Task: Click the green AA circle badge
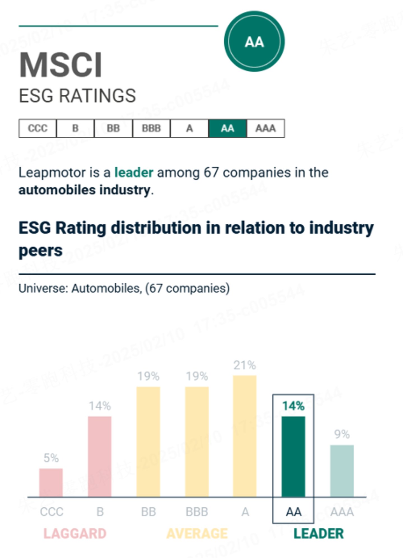[x=254, y=41]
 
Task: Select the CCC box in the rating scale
[x=38, y=128]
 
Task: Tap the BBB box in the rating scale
[x=151, y=128]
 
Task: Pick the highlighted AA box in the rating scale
[x=227, y=128]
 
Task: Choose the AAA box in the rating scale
[x=265, y=128]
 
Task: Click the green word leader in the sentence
[x=134, y=172]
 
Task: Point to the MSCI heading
[x=60, y=65]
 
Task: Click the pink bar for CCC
[x=51, y=482]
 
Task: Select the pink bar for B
[x=100, y=457]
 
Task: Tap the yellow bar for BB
[x=148, y=442]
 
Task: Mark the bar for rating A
[x=245, y=436]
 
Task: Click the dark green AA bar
[x=293, y=457]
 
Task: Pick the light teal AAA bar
[x=342, y=471]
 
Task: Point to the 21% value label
[x=245, y=365]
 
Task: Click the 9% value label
[x=342, y=434]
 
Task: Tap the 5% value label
[x=51, y=458]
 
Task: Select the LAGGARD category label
[x=75, y=534]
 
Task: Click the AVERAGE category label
[x=197, y=534]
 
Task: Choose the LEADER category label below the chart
[x=318, y=534]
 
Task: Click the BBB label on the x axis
[x=197, y=512]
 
